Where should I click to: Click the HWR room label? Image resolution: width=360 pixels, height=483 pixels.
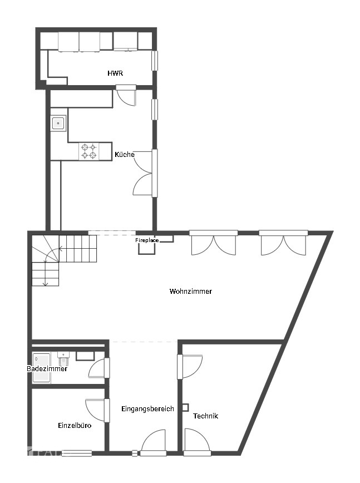tap(115, 73)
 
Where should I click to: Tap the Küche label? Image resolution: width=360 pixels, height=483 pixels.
tap(124, 155)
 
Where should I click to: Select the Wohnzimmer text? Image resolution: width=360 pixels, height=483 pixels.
tap(190, 291)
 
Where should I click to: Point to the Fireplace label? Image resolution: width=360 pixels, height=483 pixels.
tap(147, 240)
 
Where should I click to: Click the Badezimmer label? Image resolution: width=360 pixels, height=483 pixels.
tap(47, 369)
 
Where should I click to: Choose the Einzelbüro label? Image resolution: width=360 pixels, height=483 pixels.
tap(75, 425)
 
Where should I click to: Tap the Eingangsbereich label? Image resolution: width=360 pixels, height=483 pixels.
tap(147, 409)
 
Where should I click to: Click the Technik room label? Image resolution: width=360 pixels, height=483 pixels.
tap(205, 416)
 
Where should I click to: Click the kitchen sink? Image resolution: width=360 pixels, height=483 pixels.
tap(58, 123)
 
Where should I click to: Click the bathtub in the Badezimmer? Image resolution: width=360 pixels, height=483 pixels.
tap(41, 368)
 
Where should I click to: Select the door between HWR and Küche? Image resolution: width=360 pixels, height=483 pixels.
tap(126, 95)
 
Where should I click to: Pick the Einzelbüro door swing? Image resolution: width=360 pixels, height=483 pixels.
tap(96, 411)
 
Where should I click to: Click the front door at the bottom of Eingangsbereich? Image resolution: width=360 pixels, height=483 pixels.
tap(153, 443)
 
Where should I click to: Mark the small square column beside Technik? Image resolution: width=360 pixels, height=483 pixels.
tap(185, 407)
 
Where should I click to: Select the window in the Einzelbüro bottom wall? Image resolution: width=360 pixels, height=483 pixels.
tap(77, 453)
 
